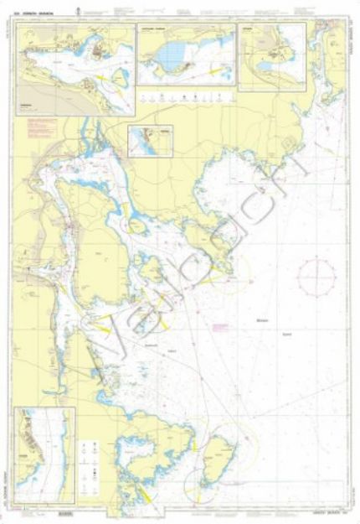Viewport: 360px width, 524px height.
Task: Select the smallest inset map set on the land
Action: click(150, 141)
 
